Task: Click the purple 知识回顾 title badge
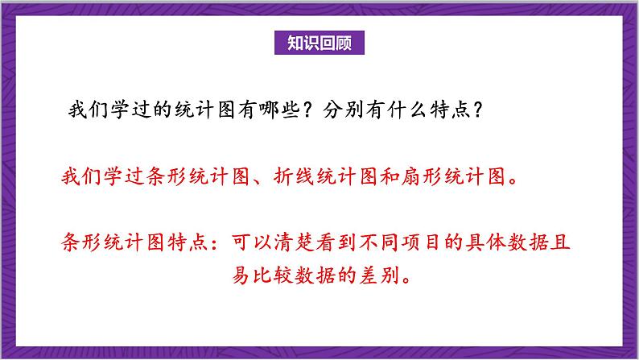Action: pos(319,43)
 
